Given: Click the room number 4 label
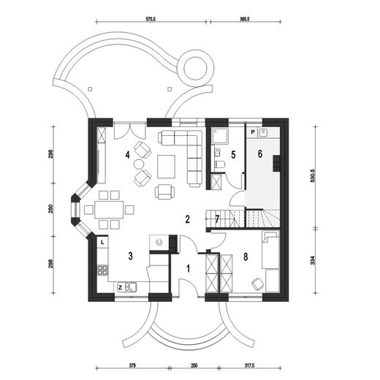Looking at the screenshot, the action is (127, 155).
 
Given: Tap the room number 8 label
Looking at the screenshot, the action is (246, 256).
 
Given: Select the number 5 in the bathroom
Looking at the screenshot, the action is (233, 155).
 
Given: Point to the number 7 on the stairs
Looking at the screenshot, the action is (217, 219).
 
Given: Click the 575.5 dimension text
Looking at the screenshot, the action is (151, 19).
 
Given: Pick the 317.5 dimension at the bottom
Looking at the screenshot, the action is (250, 365).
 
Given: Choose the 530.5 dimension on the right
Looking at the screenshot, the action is (313, 176).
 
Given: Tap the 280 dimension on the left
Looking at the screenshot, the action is (50, 209).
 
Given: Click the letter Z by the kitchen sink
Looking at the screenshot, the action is (120, 288).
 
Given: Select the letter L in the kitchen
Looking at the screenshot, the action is (102, 242).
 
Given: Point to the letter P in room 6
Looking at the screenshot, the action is (253, 132).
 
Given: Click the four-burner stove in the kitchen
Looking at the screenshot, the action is (102, 270).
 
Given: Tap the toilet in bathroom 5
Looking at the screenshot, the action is (220, 164).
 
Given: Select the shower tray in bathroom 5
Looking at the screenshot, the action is (220, 136).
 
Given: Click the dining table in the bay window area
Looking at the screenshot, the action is (109, 210).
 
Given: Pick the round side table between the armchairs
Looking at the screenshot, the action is (139, 164).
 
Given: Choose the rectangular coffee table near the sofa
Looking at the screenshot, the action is (166, 167).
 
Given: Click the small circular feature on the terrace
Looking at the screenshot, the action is (195, 68).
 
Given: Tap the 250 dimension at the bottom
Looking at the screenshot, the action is (194, 365).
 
